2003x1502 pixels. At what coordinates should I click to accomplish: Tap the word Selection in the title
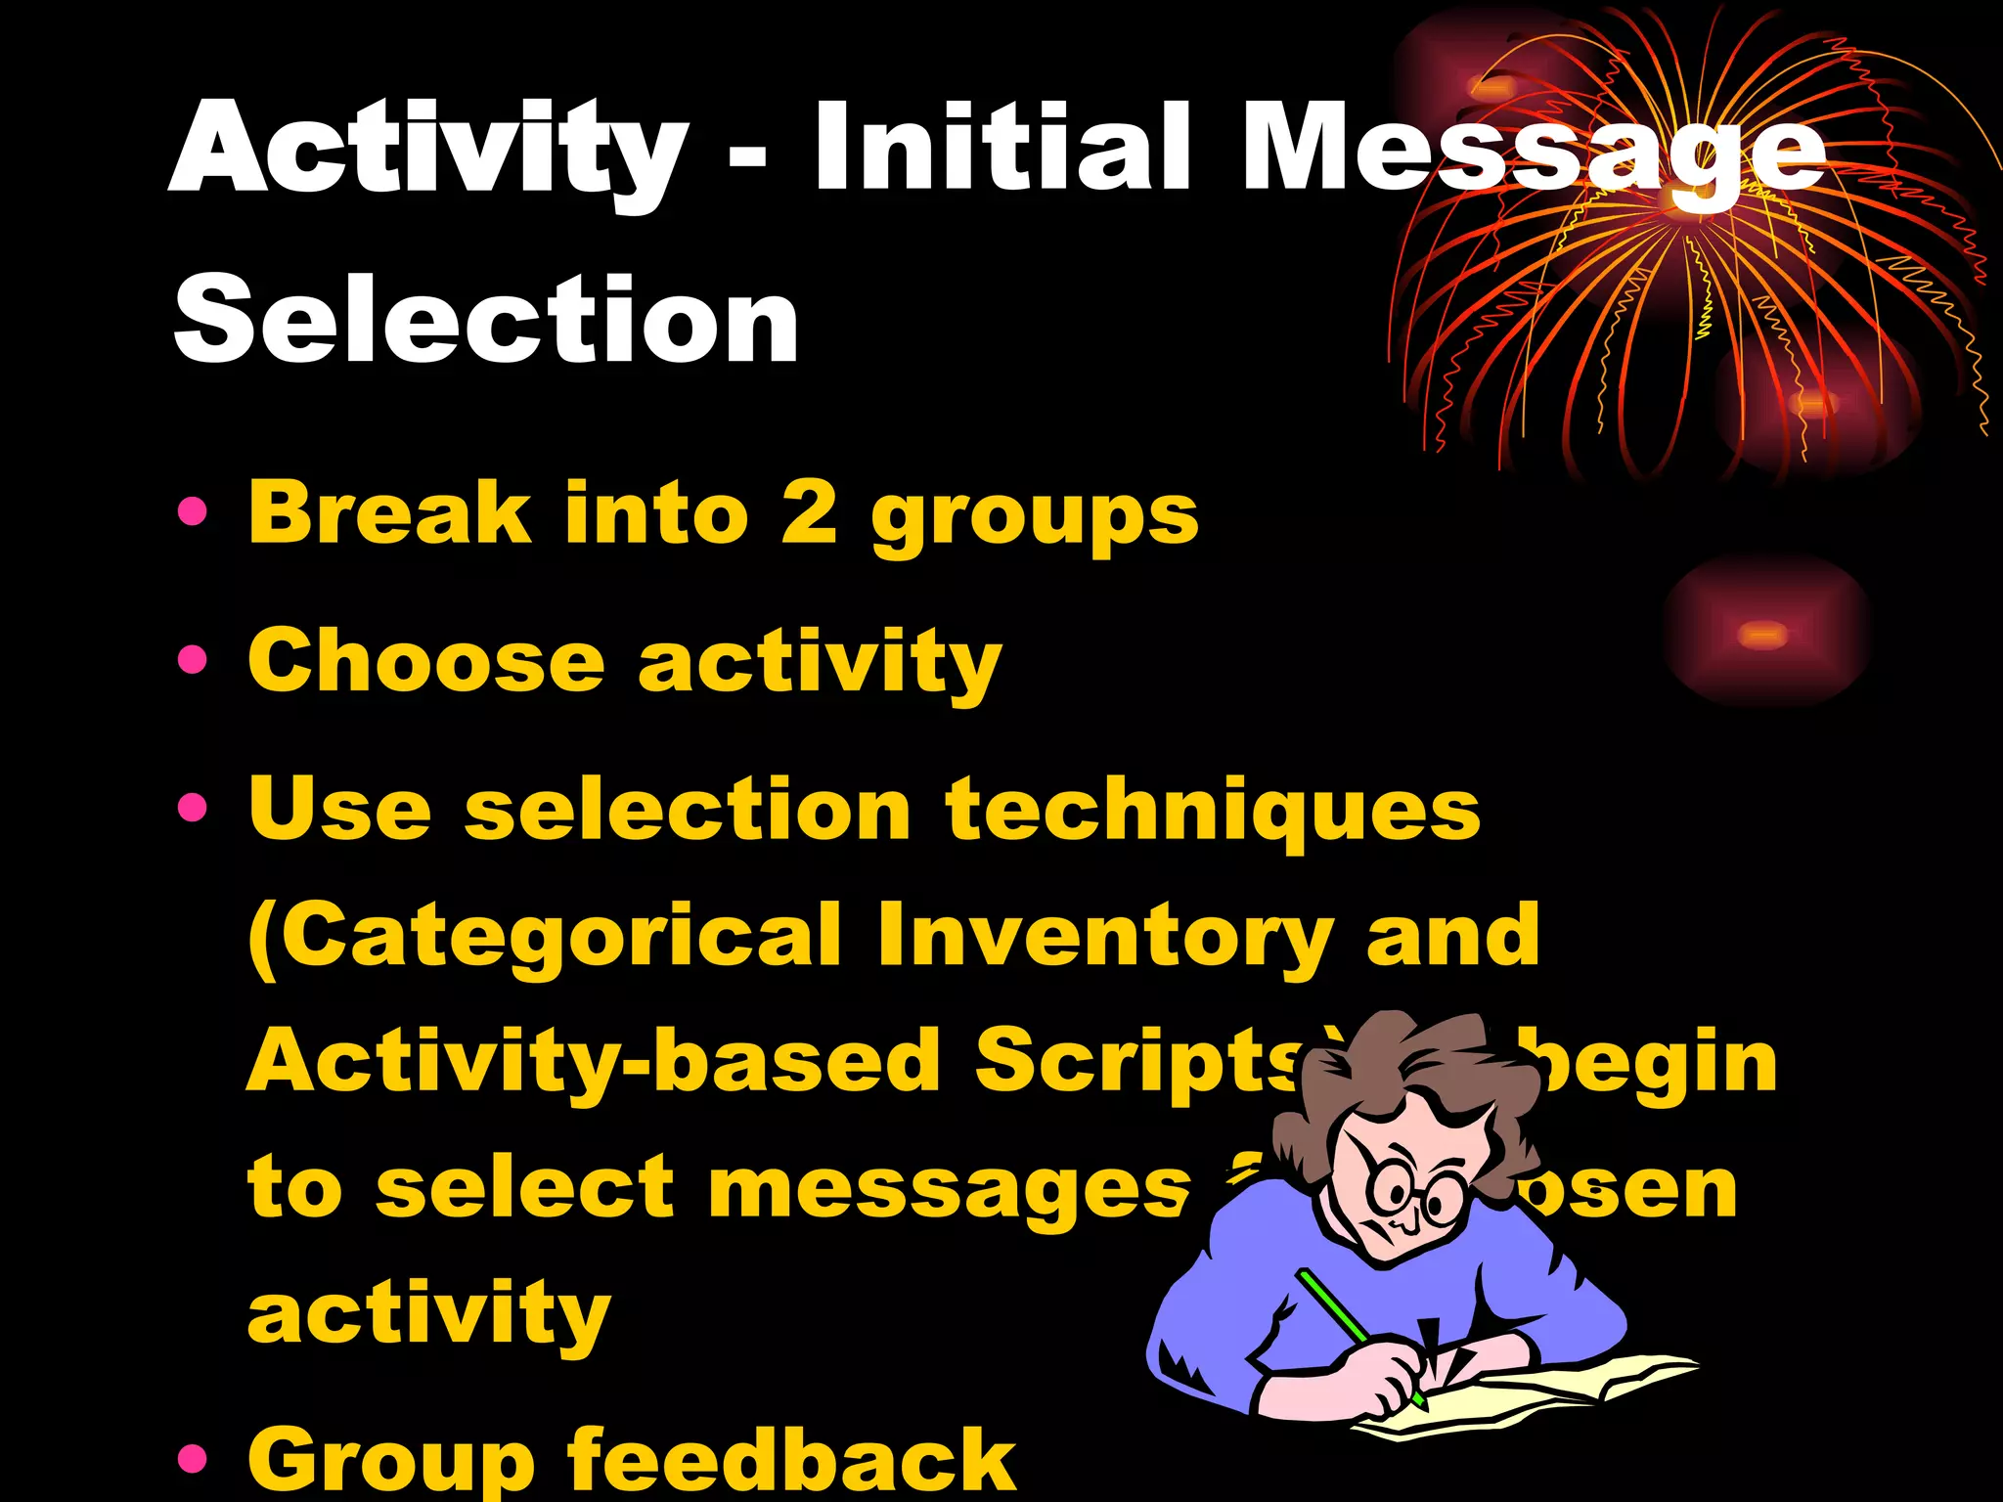pos(486,319)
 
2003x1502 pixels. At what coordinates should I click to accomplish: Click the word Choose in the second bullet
pos(426,661)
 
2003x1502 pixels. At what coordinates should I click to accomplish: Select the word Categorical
pos(545,936)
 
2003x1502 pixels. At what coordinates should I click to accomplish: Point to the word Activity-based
pos(593,1061)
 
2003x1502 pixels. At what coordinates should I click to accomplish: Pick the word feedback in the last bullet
pos(791,1459)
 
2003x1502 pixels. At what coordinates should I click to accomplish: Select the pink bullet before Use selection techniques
pos(193,808)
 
